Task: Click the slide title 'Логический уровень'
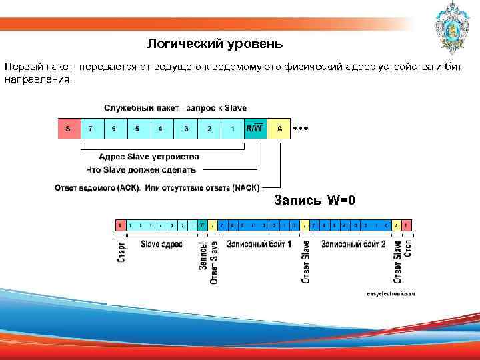(215, 44)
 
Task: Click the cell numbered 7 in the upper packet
(91, 129)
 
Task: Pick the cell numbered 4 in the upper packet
(161, 129)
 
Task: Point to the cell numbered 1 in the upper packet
(232, 129)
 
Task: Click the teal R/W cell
(255, 129)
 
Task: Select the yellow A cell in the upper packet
(279, 129)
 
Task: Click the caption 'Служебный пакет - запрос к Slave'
(175, 107)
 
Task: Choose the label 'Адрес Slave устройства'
(149, 157)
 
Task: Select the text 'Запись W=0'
(315, 200)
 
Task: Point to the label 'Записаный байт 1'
(259, 245)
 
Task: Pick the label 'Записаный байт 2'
(353, 245)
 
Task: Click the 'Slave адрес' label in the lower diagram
(161, 245)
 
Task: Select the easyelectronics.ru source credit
(390, 293)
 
